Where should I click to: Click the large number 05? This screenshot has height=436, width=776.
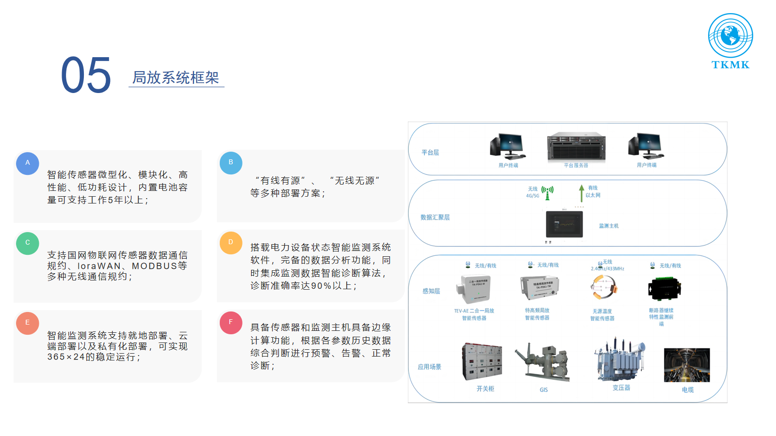(86, 75)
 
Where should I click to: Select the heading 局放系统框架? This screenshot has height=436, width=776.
(176, 78)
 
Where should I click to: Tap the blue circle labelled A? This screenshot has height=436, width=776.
(28, 163)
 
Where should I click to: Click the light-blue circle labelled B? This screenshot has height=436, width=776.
(231, 162)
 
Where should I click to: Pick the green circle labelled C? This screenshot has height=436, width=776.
(28, 243)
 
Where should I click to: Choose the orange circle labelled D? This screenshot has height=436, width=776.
(231, 242)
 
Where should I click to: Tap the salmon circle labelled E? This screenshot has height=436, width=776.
(28, 323)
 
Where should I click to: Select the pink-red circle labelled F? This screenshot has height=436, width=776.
(231, 322)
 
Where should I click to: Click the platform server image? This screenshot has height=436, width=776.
(576, 147)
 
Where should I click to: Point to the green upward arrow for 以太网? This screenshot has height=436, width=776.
(582, 193)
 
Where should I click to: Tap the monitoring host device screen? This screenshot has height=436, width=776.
(565, 224)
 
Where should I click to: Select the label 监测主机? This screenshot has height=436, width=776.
(609, 226)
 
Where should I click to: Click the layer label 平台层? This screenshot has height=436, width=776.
(430, 153)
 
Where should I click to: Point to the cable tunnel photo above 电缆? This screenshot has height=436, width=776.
(687, 365)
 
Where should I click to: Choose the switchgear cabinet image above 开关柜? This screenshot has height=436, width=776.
(482, 361)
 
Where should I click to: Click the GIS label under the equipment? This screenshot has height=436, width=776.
(544, 390)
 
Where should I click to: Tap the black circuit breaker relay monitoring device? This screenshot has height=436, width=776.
(664, 289)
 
